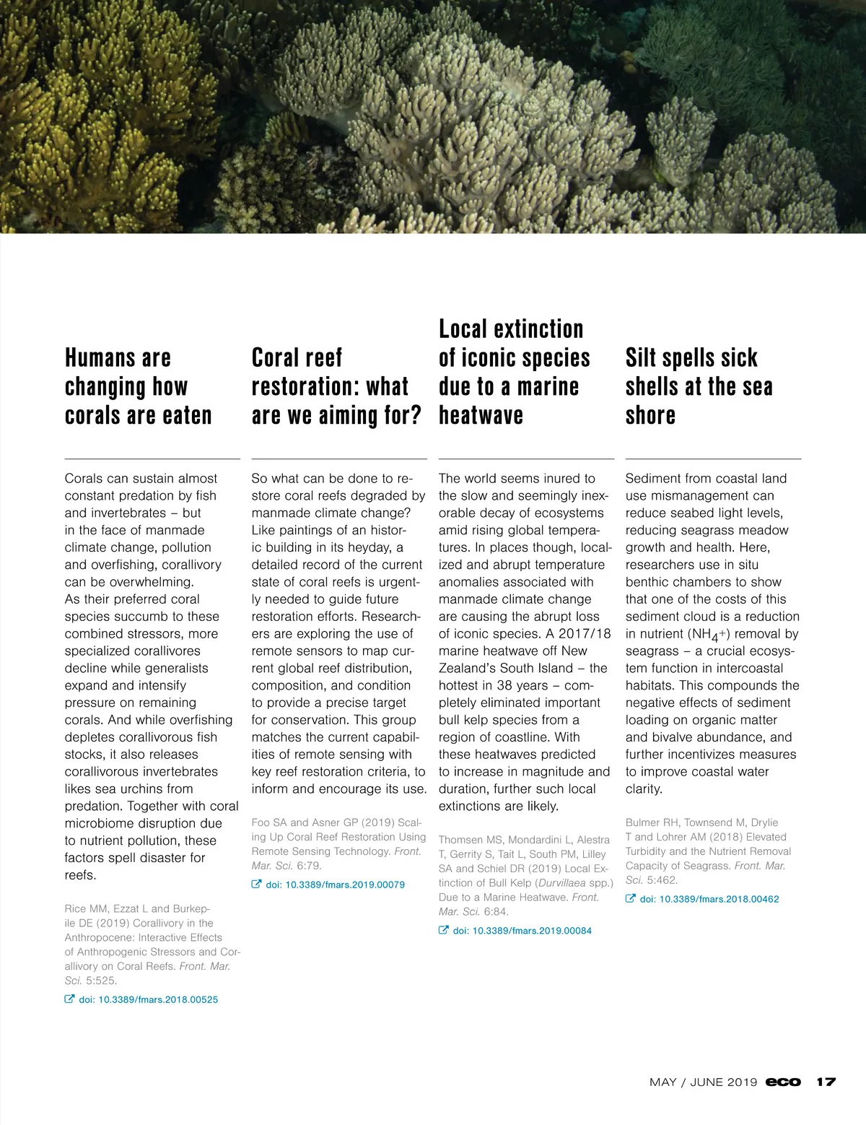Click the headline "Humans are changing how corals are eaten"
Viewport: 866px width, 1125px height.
138,386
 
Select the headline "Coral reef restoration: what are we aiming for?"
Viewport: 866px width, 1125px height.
336,386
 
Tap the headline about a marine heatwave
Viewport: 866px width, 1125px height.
514,372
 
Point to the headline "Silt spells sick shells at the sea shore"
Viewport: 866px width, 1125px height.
699,386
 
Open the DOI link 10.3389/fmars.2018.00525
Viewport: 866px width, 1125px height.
148,999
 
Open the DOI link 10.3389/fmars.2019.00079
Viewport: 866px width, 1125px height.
335,885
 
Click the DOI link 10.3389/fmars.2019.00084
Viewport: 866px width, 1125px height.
522,931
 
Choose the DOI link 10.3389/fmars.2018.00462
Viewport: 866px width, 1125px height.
709,899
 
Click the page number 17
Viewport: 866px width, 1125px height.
826,1082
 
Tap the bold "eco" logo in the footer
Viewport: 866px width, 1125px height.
783,1082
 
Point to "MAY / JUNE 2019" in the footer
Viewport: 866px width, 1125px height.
703,1082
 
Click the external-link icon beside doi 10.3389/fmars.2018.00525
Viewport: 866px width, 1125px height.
70,999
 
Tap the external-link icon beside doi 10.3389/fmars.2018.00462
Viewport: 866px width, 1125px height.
631,899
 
